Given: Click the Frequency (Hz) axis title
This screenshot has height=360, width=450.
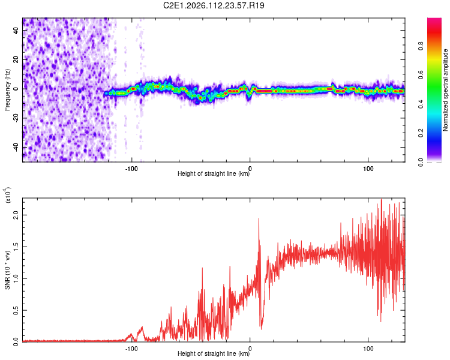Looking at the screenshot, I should pos(7,90).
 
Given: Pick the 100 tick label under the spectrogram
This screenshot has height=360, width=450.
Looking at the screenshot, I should pos(368,168).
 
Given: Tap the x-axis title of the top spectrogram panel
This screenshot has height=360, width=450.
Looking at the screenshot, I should pos(214,174).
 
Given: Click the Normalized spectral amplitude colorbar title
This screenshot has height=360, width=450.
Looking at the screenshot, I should pos(445,90).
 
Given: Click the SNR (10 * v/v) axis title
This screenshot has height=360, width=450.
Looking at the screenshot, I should pos(7,269).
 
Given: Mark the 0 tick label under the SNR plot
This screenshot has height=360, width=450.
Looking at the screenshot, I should pos(250,348).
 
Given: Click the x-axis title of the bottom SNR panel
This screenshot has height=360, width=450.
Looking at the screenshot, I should pos(214,354).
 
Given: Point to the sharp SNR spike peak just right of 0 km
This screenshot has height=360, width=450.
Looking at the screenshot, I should pos(259,219).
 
